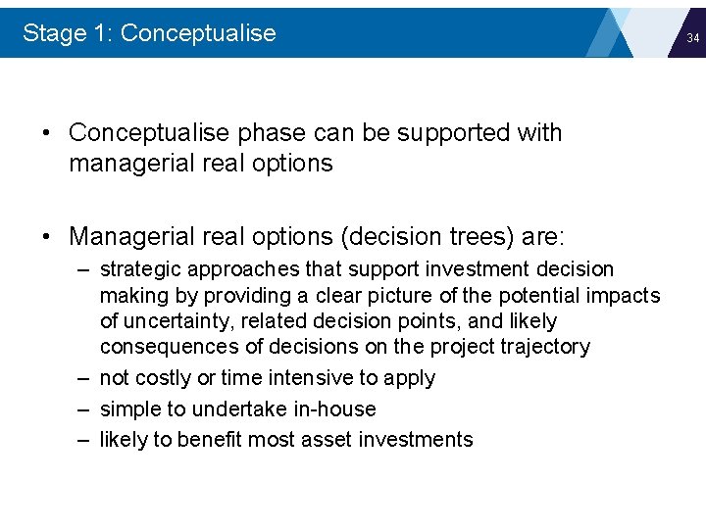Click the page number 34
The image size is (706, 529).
click(692, 38)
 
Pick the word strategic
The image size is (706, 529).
click(135, 269)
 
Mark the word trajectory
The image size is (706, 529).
click(548, 347)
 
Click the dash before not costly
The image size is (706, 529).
click(83, 378)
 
